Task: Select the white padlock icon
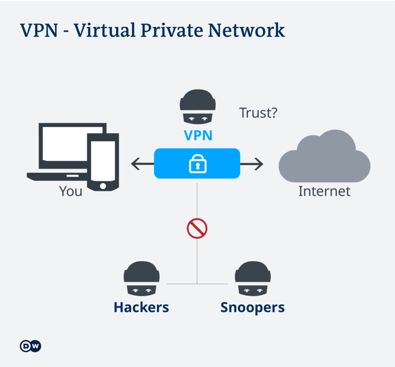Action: click(x=197, y=164)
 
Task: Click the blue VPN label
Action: click(x=198, y=135)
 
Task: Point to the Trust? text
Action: click(x=258, y=113)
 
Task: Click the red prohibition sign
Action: click(x=197, y=229)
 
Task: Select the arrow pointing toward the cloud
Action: click(x=252, y=164)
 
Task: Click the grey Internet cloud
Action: click(x=324, y=158)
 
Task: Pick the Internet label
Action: click(x=324, y=191)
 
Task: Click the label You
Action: click(x=71, y=191)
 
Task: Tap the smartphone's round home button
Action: click(x=103, y=186)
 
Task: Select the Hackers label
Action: click(x=141, y=307)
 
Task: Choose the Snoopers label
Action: click(x=252, y=307)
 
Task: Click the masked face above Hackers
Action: click(x=142, y=279)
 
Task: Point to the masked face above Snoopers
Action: click(x=253, y=279)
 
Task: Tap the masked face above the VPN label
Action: click(x=197, y=107)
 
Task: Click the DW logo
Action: click(x=30, y=346)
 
